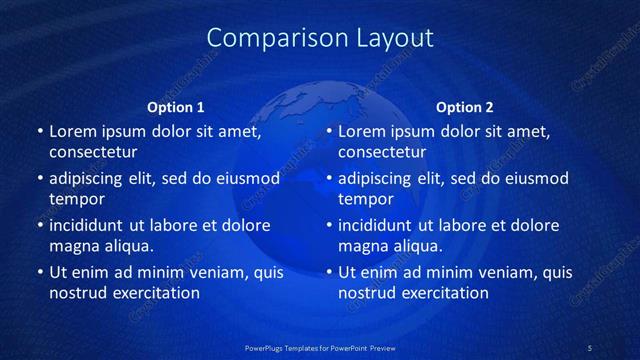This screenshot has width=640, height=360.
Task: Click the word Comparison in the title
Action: [267, 38]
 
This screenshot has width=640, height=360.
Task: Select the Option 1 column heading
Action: [176, 107]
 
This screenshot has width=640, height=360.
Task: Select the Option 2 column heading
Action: [465, 107]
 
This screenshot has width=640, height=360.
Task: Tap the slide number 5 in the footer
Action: [590, 347]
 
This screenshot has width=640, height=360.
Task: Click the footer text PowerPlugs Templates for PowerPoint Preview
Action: [320, 347]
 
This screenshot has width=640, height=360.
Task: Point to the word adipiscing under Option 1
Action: [91, 179]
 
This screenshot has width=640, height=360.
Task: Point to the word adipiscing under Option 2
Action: [380, 179]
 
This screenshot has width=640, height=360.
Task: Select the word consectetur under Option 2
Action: [382, 152]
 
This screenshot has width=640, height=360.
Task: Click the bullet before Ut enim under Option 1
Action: [39, 272]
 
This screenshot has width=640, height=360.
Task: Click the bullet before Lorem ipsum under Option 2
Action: [328, 131]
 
